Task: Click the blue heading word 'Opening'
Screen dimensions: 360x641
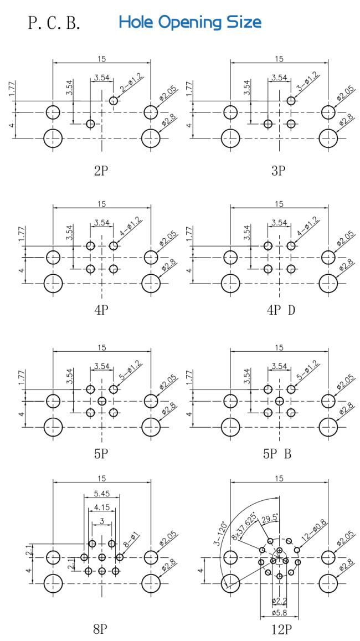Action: coord(191,23)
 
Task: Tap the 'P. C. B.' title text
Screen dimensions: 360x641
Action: coord(54,23)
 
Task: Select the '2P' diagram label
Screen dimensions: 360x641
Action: coord(101,171)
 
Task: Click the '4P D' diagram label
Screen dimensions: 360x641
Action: coord(281,310)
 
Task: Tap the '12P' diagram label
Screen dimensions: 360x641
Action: coord(281,629)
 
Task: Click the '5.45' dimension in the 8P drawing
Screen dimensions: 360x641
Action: coord(101,494)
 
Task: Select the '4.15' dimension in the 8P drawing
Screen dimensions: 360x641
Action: coord(101,507)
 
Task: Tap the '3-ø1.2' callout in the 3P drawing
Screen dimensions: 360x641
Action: coord(308,83)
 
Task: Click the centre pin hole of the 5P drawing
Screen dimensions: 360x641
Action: coord(102,401)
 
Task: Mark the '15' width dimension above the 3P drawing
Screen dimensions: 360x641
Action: coord(279,59)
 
